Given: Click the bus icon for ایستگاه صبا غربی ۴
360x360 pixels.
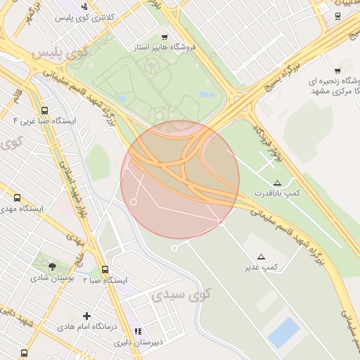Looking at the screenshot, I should coord(45,111).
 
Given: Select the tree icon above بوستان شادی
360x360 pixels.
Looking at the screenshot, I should coord(52,266).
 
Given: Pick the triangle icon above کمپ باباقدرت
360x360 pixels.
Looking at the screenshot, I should coord(277,183).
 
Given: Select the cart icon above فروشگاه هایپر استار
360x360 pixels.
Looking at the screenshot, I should coord(165,37).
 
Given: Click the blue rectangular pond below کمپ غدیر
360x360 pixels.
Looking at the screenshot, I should coord(284,332).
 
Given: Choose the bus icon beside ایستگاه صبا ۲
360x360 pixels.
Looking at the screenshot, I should coord(105,269).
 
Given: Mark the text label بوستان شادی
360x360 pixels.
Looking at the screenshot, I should coord(53,278).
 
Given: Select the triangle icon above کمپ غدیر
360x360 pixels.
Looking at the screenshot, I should coord(262,257).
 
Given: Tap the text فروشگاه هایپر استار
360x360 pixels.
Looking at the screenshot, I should coord(165,48).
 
